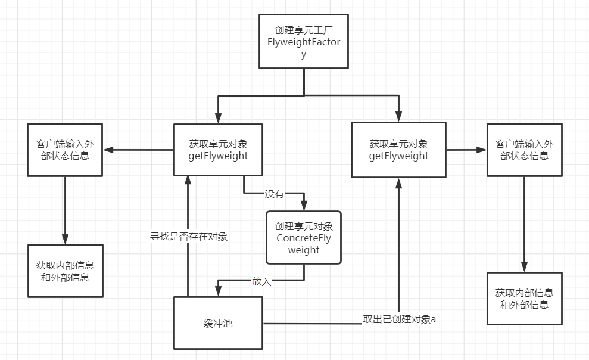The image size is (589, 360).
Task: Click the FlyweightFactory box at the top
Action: point(304,42)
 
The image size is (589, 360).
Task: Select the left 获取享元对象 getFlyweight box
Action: point(218,150)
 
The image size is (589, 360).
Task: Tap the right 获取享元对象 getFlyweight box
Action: point(398,150)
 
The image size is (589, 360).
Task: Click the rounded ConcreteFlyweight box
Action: point(304,238)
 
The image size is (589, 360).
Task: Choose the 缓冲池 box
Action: point(218,323)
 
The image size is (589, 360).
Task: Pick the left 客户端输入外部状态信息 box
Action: point(65,150)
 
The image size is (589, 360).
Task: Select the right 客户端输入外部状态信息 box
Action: point(524,150)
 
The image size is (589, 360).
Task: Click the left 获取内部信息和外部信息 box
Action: point(65,271)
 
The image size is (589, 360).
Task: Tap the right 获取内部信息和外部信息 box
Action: point(524,298)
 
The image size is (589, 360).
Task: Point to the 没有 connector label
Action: point(275,194)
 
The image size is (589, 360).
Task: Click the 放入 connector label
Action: point(261,282)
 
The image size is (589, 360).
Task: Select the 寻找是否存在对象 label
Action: point(188,236)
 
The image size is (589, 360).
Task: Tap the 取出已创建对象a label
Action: point(399,319)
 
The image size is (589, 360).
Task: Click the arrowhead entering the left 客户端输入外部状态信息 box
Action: point(108,150)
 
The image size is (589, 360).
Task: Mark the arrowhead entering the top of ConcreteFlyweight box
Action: point(304,206)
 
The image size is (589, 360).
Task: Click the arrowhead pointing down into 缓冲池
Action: point(218,291)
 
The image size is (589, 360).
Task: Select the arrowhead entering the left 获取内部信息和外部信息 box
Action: point(65,239)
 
